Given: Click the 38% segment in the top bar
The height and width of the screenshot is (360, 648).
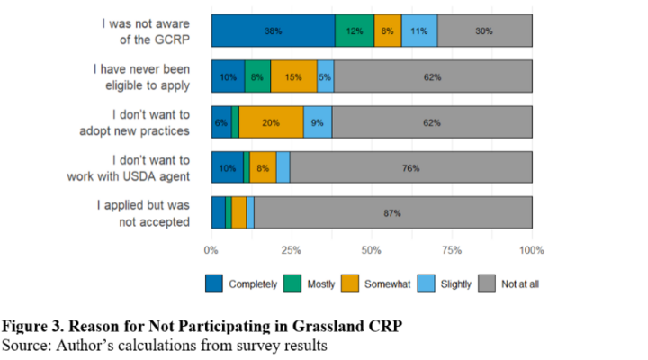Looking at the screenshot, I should (x=273, y=31).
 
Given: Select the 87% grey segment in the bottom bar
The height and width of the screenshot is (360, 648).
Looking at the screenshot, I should (x=392, y=212).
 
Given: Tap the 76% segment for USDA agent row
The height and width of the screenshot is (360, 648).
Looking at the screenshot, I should (x=410, y=167).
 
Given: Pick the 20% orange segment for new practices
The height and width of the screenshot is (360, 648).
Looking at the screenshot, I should (x=271, y=122).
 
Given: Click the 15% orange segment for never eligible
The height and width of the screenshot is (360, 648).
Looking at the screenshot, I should (x=293, y=76).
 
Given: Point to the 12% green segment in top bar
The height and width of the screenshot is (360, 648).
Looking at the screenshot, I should (x=355, y=31).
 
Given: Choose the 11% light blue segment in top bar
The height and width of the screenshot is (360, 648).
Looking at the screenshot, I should (x=419, y=31).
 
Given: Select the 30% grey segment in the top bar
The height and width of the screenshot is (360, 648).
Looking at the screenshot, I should (x=484, y=31).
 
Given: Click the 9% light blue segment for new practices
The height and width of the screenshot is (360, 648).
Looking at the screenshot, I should (x=318, y=122).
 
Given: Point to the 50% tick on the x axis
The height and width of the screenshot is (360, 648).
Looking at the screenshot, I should (x=372, y=249).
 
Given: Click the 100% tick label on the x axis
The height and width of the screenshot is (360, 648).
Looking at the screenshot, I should (x=532, y=249).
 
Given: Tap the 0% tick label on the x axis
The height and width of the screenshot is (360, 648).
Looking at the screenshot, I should (x=211, y=249).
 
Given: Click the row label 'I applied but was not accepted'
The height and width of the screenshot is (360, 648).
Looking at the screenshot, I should (x=143, y=212).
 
